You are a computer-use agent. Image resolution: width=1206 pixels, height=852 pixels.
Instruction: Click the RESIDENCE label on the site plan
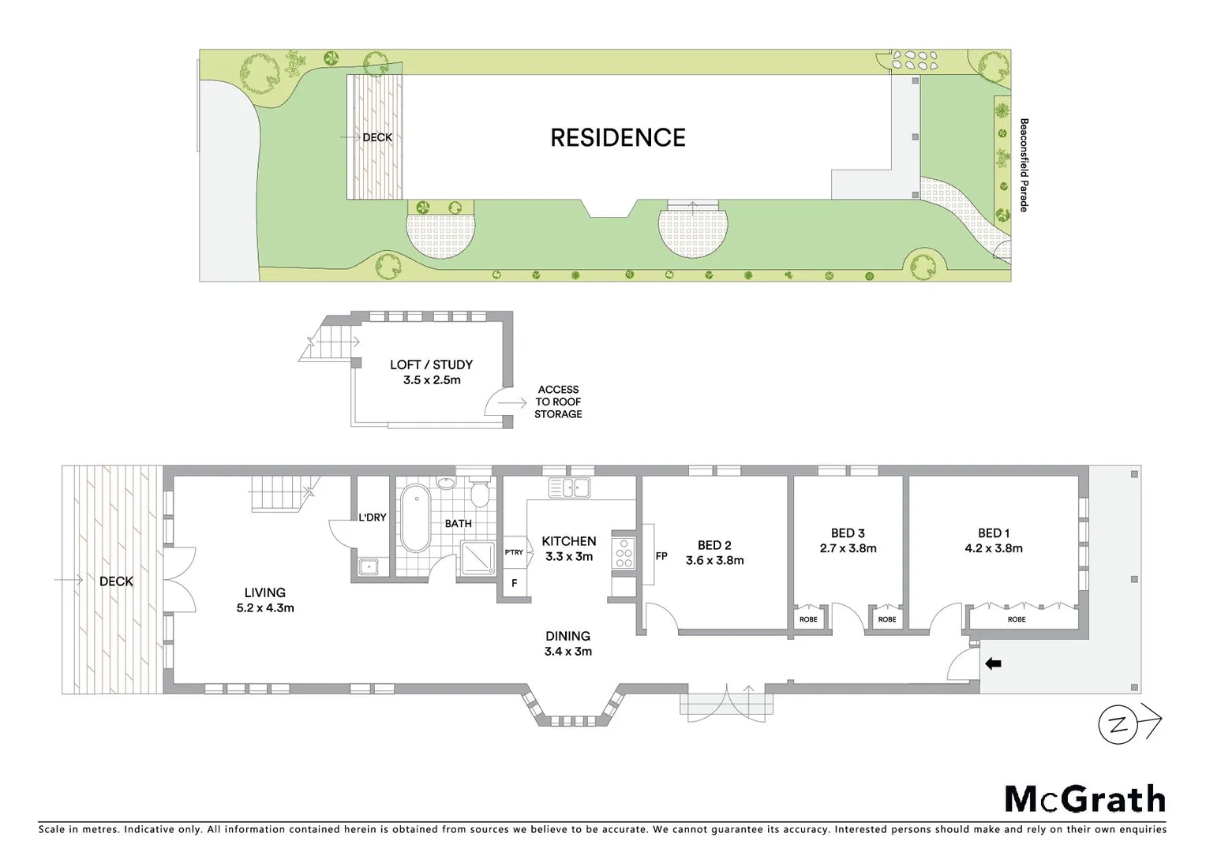pyautogui.click(x=617, y=138)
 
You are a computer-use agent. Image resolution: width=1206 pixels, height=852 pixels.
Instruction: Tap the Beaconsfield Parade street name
pyautogui.click(x=1024, y=165)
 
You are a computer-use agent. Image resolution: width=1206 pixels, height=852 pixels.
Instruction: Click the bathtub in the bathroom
pyautogui.click(x=415, y=519)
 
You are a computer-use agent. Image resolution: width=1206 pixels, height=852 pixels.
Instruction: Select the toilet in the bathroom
pyautogui.click(x=479, y=493)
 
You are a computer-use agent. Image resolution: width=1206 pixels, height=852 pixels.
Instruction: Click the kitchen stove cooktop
pyautogui.click(x=624, y=551)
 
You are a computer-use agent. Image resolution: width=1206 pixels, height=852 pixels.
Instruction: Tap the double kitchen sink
pyautogui.click(x=570, y=488)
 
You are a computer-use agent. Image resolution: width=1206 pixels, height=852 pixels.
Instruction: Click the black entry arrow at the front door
pyautogui.click(x=993, y=664)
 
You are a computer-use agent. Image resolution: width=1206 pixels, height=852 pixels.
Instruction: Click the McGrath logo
pyautogui.click(x=1084, y=799)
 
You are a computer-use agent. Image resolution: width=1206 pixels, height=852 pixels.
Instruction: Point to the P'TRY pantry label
pyautogui.click(x=514, y=552)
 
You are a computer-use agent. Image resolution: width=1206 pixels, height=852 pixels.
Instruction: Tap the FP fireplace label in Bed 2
pyautogui.click(x=661, y=556)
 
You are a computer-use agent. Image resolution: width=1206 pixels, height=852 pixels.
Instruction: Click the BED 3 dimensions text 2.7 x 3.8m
pyautogui.click(x=848, y=548)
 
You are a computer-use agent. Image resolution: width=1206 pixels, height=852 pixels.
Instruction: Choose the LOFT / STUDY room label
pyautogui.click(x=431, y=364)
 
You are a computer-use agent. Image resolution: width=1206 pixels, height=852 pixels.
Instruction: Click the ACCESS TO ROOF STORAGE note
pyautogui.click(x=558, y=402)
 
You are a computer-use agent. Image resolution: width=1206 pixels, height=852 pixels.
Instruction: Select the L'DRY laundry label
pyautogui.click(x=373, y=518)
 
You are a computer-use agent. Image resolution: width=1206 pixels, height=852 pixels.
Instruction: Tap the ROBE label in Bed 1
pyautogui.click(x=1017, y=619)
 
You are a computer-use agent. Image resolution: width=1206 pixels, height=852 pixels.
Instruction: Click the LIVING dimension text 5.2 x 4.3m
pyautogui.click(x=265, y=607)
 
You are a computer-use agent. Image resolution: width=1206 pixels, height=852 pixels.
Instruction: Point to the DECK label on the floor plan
pyautogui.click(x=116, y=581)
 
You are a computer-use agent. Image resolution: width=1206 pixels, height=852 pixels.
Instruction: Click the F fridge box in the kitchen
pyautogui.click(x=515, y=584)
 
